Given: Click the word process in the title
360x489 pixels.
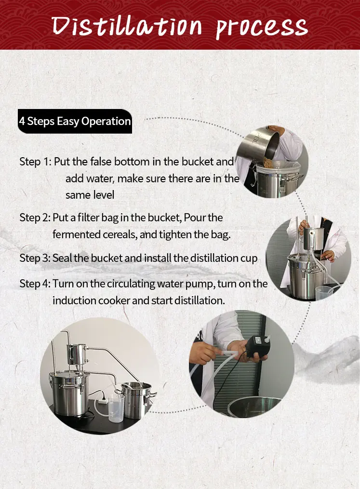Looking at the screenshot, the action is [x=262, y=27].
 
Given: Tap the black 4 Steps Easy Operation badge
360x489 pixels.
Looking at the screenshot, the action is [x=75, y=121].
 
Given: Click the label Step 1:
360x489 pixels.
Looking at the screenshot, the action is [x=35, y=162].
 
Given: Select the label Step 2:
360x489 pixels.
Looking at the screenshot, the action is [x=35, y=217].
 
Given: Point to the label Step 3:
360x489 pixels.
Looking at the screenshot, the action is [x=35, y=258].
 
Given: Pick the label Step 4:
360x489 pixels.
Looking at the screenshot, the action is [x=35, y=284].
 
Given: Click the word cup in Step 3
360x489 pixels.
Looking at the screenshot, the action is [x=249, y=258].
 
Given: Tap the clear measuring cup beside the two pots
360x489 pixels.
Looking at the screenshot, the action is [x=115, y=408].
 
